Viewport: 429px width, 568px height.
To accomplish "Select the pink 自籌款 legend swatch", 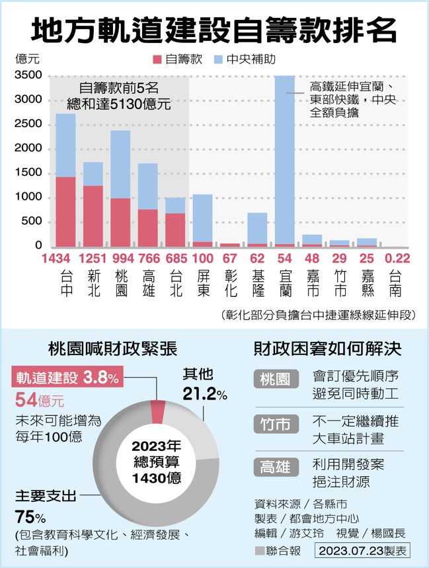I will pos(157,60).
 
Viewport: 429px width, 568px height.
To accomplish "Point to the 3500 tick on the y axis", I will pos(28,75).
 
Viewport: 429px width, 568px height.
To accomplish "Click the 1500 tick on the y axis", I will pos(28,173).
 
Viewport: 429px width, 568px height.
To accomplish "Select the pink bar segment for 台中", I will pos(65,212).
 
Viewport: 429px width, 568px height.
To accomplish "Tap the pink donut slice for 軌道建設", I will pos(158,411).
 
